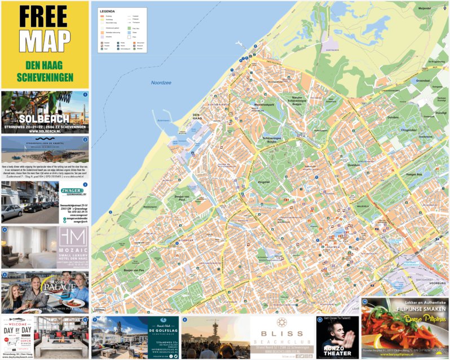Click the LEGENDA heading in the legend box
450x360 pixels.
107,11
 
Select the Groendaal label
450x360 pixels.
422,81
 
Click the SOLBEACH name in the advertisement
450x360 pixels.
44,119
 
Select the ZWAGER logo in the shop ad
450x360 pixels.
72,191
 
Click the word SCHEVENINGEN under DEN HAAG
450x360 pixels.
45,76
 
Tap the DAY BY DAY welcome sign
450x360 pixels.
17,331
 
